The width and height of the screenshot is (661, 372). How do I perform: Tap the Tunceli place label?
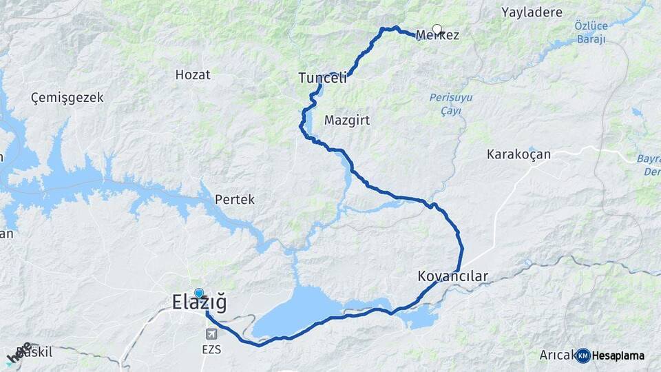(x=322, y=79)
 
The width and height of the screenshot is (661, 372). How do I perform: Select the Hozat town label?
(x=193, y=75)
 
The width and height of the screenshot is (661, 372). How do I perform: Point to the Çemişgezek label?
(x=67, y=98)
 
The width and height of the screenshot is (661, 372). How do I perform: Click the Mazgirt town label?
(x=346, y=120)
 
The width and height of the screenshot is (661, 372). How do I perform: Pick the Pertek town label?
(x=235, y=200)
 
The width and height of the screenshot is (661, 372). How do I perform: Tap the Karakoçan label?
(x=518, y=154)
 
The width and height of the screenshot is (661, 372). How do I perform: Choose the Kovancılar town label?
(x=452, y=277)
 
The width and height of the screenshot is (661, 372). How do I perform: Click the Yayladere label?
(x=532, y=12)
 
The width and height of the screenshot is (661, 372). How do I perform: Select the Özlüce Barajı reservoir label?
(x=590, y=32)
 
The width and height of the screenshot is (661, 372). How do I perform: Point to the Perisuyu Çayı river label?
(x=451, y=104)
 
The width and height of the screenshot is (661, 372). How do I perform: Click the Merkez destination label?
(x=438, y=35)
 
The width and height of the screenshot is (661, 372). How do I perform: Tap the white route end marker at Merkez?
(x=437, y=30)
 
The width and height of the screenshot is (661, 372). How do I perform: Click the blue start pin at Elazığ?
(x=199, y=293)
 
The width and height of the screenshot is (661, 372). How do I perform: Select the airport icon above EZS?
(x=211, y=333)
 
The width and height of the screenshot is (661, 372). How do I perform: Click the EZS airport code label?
(x=211, y=349)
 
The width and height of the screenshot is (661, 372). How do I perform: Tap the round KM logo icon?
(x=583, y=355)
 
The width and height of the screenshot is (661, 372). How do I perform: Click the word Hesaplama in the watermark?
(x=618, y=355)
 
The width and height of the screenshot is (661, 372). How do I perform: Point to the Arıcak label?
(x=556, y=355)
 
